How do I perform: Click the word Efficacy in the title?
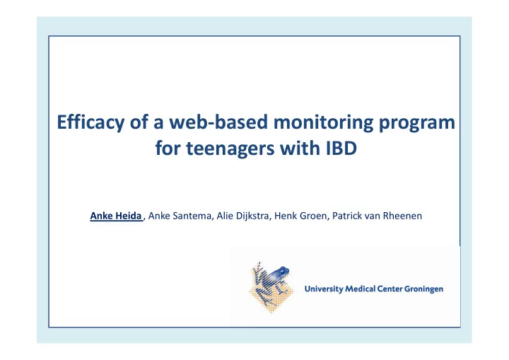click(90, 124)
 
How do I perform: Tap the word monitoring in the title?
click(323, 123)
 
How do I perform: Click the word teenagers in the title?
click(230, 149)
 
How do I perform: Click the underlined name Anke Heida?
click(116, 216)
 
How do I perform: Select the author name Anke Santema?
click(180, 216)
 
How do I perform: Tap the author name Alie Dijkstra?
click(242, 216)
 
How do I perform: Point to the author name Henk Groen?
click(300, 216)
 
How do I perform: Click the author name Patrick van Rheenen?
click(377, 216)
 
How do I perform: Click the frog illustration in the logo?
click(271, 286)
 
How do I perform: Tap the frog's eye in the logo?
click(282, 270)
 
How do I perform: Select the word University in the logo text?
click(324, 289)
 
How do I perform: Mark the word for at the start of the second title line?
click(168, 148)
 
